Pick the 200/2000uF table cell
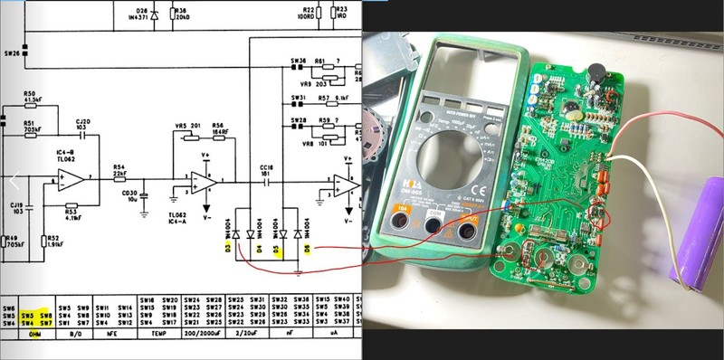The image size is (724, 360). tap(205, 334)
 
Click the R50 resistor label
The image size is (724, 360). tap(29, 94)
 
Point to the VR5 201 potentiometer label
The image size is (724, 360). tap(187, 126)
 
